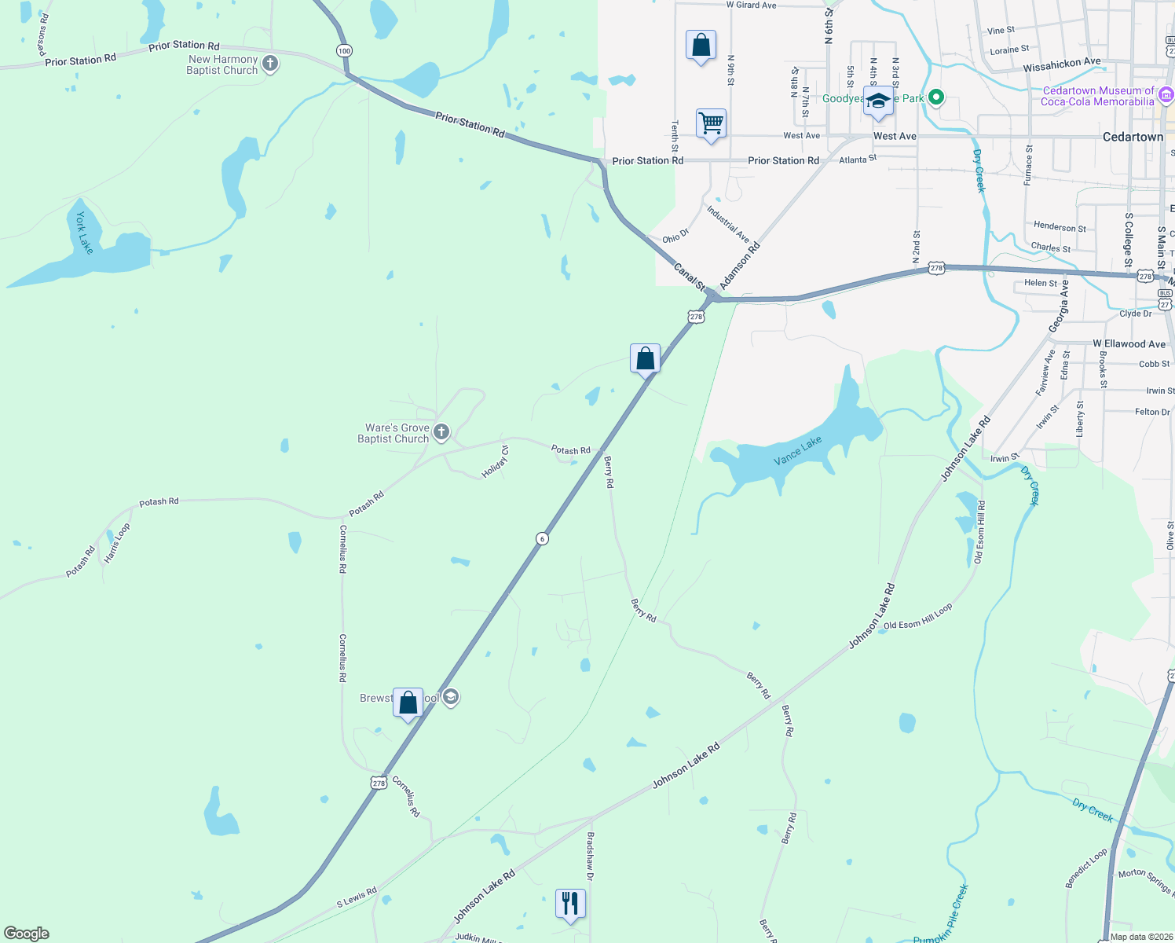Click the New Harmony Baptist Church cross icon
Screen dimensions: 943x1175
[270, 64]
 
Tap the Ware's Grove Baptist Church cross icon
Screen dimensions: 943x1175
[441, 431]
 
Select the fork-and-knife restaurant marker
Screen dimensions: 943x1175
[570, 904]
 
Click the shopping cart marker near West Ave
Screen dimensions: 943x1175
[711, 123]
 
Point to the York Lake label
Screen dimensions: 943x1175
[84, 233]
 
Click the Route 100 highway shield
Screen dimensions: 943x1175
[344, 51]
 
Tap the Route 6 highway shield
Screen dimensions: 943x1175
[542, 538]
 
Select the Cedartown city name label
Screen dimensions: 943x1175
[1133, 137]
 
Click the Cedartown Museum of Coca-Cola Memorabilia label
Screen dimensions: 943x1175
[1098, 96]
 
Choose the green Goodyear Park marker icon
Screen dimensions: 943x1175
[935, 98]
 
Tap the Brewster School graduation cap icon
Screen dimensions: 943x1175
[451, 697]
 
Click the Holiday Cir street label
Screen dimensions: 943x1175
[496, 461]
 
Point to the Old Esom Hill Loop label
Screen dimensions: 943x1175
[917, 616]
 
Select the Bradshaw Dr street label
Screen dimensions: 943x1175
[591, 856]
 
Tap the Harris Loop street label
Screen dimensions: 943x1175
[117, 543]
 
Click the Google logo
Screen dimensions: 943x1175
[27, 934]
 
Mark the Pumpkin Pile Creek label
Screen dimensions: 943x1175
[942, 915]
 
